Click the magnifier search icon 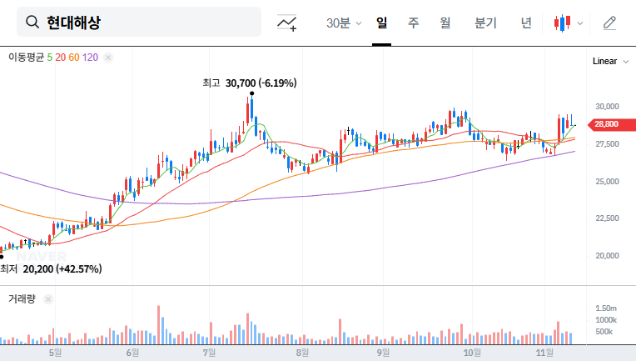point(32,23)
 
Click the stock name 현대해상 point(74,23)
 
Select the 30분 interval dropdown point(343,23)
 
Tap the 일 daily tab point(381,23)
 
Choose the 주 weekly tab point(413,23)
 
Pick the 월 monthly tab point(445,23)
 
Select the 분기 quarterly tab point(484,23)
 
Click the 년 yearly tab point(526,23)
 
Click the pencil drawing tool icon point(609,23)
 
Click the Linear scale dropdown point(608,62)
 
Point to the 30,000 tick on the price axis point(606,107)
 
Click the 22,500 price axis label point(606,218)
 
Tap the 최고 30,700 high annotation point(250,83)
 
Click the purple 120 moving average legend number point(91,58)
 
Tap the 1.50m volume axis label point(605,308)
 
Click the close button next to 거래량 point(47,298)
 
